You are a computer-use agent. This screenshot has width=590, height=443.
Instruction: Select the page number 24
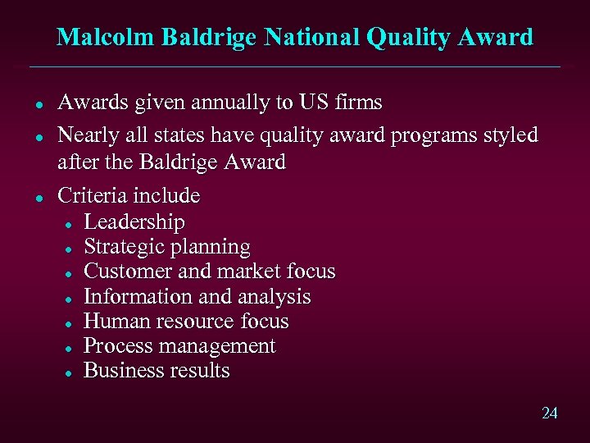[549, 413]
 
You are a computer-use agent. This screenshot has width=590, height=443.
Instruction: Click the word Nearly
[86, 135]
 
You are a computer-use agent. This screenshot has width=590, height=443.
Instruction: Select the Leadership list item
[134, 222]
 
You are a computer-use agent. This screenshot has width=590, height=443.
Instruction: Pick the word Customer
[123, 272]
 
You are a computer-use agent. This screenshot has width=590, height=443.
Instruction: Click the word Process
[116, 345]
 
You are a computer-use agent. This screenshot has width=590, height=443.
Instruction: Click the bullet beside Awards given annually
[38, 104]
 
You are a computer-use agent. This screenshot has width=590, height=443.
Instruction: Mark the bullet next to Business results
[72, 372]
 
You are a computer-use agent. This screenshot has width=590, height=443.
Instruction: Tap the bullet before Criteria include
[38, 197]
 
